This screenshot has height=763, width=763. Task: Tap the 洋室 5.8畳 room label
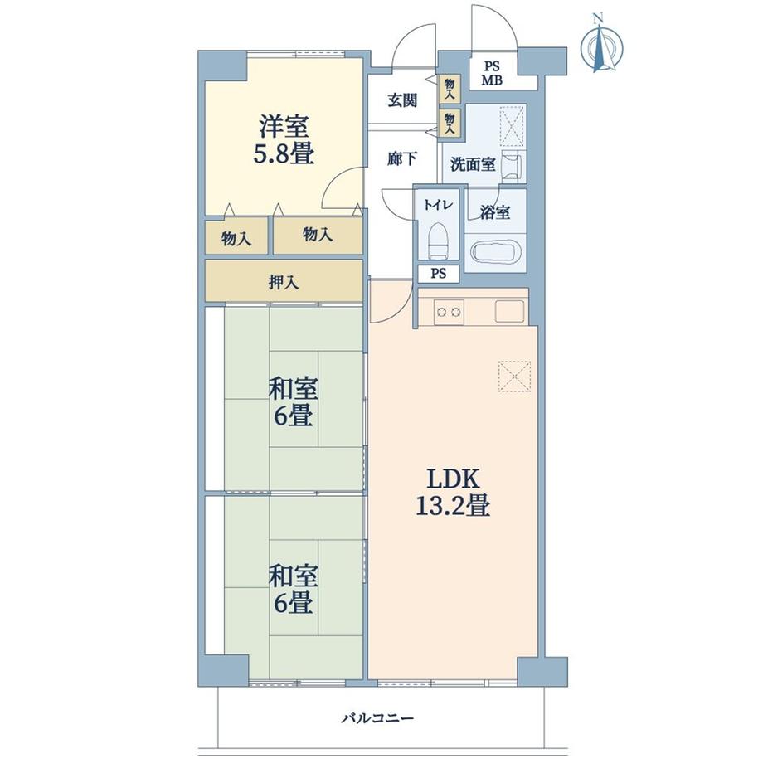(x=283, y=139)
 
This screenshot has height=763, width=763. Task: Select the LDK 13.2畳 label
(x=453, y=493)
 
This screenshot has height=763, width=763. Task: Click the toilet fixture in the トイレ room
(x=438, y=241)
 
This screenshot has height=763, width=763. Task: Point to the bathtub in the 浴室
(x=495, y=252)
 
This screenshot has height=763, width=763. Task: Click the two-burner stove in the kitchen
(x=449, y=313)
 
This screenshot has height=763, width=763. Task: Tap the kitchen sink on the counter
(x=509, y=312)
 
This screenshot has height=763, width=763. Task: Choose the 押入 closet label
(x=284, y=282)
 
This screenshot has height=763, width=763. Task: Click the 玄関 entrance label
(x=402, y=100)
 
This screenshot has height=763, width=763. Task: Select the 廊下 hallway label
(x=402, y=158)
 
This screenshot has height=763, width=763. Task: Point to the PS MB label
(x=492, y=74)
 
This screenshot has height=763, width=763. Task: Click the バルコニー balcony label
(x=377, y=717)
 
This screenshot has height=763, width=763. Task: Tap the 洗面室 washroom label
(x=473, y=164)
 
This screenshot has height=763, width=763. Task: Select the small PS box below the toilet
(x=439, y=274)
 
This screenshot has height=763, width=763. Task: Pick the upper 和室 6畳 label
(x=294, y=402)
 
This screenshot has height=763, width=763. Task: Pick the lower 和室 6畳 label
(x=294, y=590)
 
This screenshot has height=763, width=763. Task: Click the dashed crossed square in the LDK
(x=514, y=377)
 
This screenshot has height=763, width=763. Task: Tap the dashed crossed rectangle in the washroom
(x=513, y=126)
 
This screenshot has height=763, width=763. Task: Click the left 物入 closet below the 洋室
(x=236, y=236)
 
